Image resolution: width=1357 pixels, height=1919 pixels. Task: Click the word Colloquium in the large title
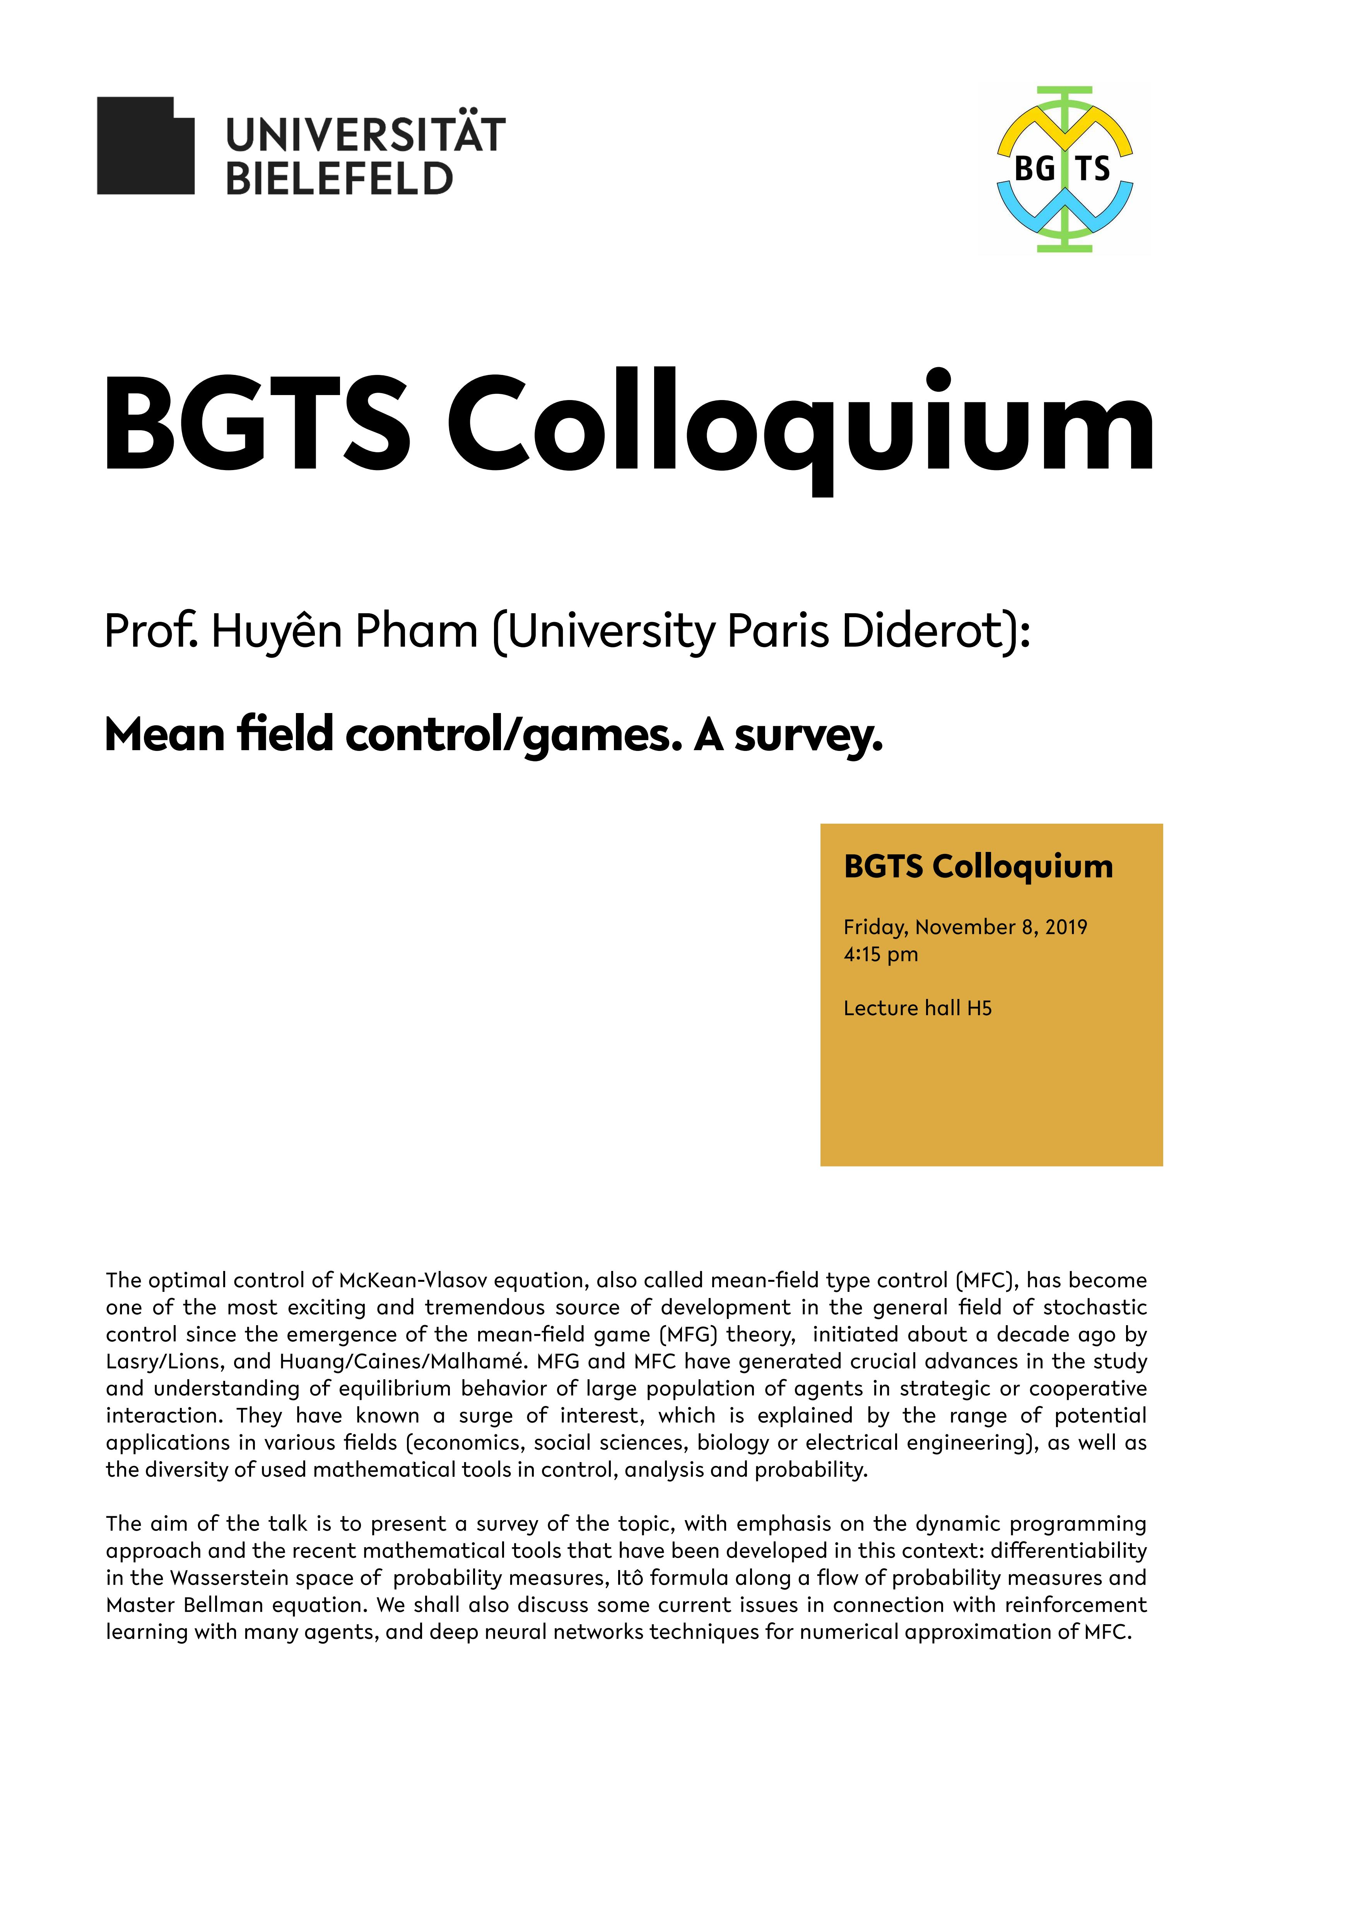[800, 426]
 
